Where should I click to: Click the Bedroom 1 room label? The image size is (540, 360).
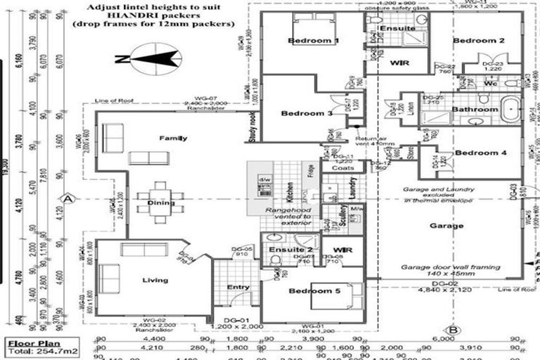[314, 41]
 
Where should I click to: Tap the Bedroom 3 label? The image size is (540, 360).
[307, 113]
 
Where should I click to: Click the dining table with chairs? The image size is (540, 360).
[160, 202]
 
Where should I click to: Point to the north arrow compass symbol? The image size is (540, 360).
[146, 59]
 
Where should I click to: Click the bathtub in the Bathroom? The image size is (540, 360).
[510, 110]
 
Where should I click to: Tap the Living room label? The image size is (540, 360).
[155, 281]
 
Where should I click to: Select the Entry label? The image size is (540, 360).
[238, 287]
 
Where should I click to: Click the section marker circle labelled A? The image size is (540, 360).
[68, 198]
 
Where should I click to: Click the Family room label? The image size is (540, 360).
[173, 138]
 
